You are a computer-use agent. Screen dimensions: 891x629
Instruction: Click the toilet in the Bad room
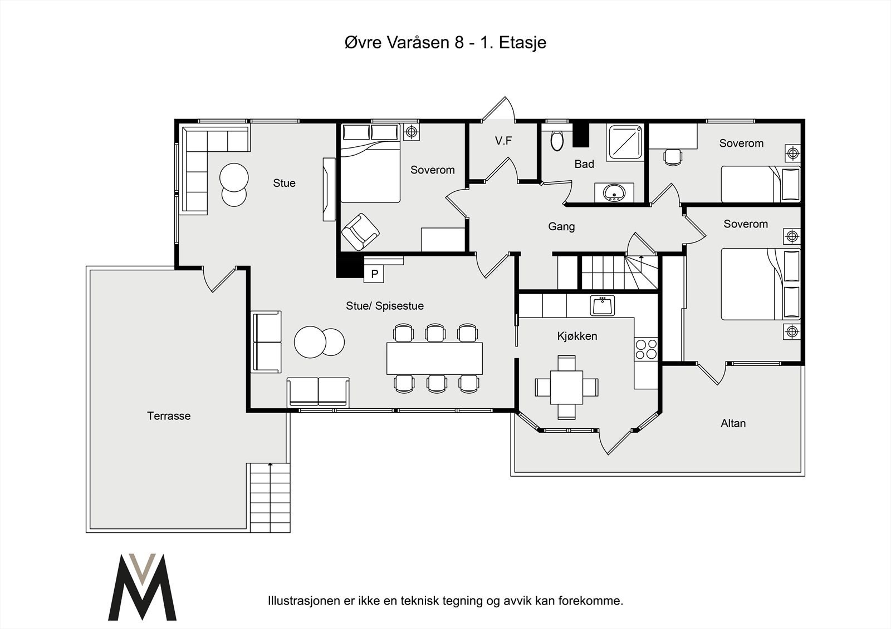pos(557,139)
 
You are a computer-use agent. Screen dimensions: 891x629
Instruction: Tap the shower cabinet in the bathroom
pos(625,142)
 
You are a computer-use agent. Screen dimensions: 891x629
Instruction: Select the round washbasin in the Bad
pos(615,193)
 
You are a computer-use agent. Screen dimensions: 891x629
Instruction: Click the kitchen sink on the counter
pos(602,305)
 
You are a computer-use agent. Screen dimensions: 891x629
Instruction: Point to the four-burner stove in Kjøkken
pos(647,349)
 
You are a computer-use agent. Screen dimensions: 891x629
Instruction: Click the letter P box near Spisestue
pos(374,274)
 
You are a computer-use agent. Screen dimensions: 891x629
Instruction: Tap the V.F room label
pos(503,141)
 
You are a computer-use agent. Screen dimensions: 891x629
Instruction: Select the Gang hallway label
pos(561,226)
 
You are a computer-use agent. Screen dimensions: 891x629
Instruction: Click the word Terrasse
pos(169,415)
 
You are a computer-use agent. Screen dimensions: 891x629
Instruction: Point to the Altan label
pos(733,423)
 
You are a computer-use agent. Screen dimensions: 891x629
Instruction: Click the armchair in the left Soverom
pos(360,232)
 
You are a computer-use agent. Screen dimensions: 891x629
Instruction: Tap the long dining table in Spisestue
pos(434,358)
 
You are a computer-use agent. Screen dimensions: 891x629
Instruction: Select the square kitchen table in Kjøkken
pos(566,388)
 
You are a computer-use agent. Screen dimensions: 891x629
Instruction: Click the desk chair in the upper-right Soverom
pos(673,156)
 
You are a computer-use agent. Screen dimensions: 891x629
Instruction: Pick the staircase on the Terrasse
pos(270,498)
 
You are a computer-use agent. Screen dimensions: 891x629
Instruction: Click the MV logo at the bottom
pos(142,587)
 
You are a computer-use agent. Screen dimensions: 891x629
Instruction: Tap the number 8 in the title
pos(459,42)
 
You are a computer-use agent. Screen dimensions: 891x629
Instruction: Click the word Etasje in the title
pos(522,43)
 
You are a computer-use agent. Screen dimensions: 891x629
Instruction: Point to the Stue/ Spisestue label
pos(385,305)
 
